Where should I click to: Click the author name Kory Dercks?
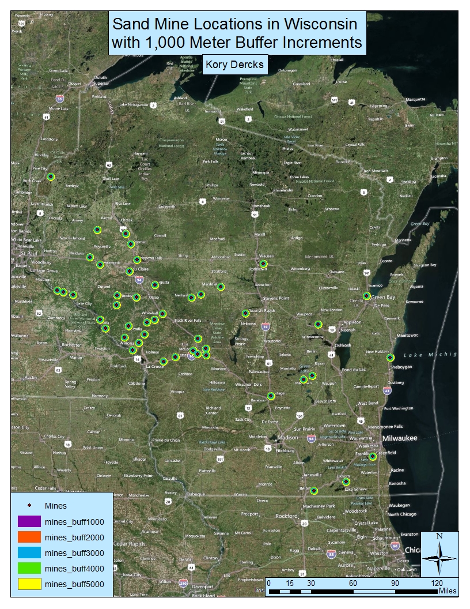[234, 64]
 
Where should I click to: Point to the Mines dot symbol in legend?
[29, 506]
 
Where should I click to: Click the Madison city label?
[288, 438]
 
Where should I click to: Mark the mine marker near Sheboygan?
[390, 358]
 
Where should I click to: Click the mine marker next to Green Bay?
[366, 296]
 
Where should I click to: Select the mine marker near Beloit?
[314, 491]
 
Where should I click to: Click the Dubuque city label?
[194, 494]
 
